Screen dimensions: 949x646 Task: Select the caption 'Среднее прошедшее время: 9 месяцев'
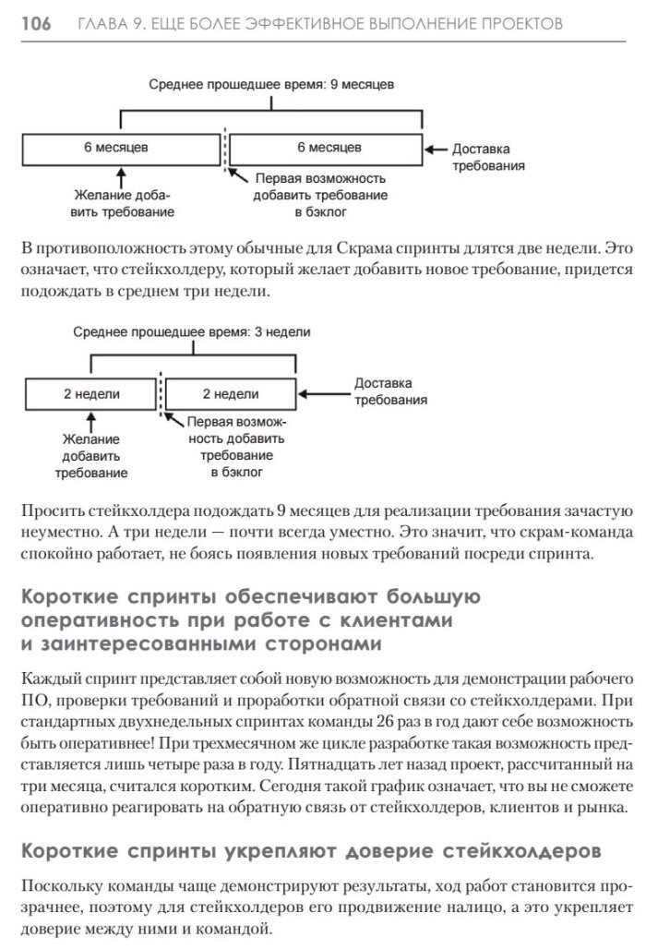click(x=272, y=84)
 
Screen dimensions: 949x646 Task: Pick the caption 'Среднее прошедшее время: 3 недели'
click(x=192, y=331)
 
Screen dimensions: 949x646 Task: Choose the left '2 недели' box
click(x=90, y=394)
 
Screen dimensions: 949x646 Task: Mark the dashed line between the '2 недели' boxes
click(x=161, y=394)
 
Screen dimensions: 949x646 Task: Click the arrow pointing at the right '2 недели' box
click(x=323, y=394)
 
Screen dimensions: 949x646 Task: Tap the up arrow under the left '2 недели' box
click(x=90, y=420)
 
